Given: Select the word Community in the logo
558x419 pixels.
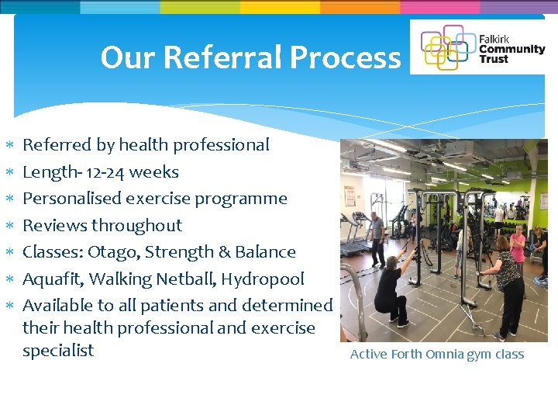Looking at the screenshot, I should [512, 49].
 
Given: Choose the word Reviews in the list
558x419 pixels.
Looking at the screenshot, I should [54, 226].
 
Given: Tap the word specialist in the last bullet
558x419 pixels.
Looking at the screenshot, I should [58, 351].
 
